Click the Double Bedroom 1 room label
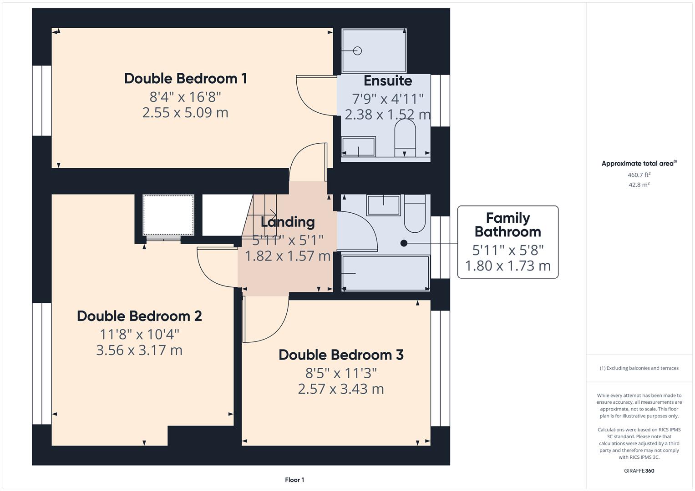[186, 78]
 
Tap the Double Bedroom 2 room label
[139, 316]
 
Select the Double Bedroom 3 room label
[341, 355]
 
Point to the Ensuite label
[388, 80]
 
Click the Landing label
[288, 222]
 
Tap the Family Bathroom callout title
[508, 225]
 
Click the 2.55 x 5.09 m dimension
[185, 113]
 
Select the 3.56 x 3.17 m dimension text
[139, 350]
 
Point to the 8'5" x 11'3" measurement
[341, 373]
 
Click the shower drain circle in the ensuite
[357, 50]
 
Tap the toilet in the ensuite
[405, 138]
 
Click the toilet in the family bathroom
[415, 214]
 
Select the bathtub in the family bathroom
[386, 273]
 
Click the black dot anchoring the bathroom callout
[404, 243]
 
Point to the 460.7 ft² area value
[639, 175]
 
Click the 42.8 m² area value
[639, 185]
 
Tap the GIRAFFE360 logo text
[639, 471]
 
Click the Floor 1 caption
[294, 480]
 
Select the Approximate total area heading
[639, 163]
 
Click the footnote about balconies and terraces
[639, 368]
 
